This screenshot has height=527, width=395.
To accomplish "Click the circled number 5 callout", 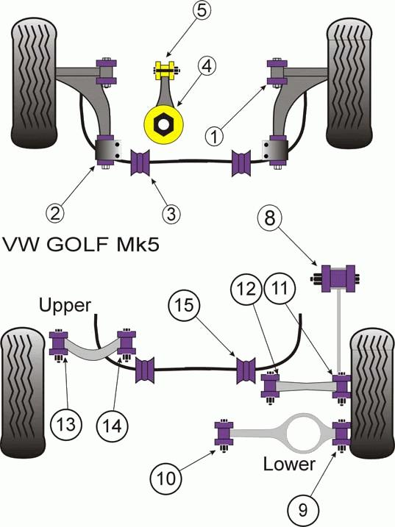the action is (x=202, y=10).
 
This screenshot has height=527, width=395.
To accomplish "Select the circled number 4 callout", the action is (x=207, y=66).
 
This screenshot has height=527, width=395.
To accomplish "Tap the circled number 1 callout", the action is (x=214, y=136).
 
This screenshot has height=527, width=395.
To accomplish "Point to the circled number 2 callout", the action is (x=55, y=212).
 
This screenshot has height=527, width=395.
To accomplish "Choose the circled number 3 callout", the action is (x=171, y=212).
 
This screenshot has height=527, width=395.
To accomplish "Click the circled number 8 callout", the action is (x=269, y=218).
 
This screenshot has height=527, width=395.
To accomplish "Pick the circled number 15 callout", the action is (x=185, y=304).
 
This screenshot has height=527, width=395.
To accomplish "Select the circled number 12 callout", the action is (x=246, y=288).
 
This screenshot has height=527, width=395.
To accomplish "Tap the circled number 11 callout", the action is (x=280, y=288).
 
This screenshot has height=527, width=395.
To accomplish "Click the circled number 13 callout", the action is (x=66, y=425).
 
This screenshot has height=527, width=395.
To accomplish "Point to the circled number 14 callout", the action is (x=112, y=425).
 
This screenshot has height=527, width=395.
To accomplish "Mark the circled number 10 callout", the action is (x=166, y=477).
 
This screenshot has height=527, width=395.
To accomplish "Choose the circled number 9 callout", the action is (x=302, y=509).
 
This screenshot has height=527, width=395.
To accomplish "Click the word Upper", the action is (x=65, y=306).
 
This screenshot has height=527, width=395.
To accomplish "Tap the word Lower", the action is (x=289, y=464).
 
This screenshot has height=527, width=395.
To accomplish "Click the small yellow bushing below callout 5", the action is (x=166, y=71).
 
